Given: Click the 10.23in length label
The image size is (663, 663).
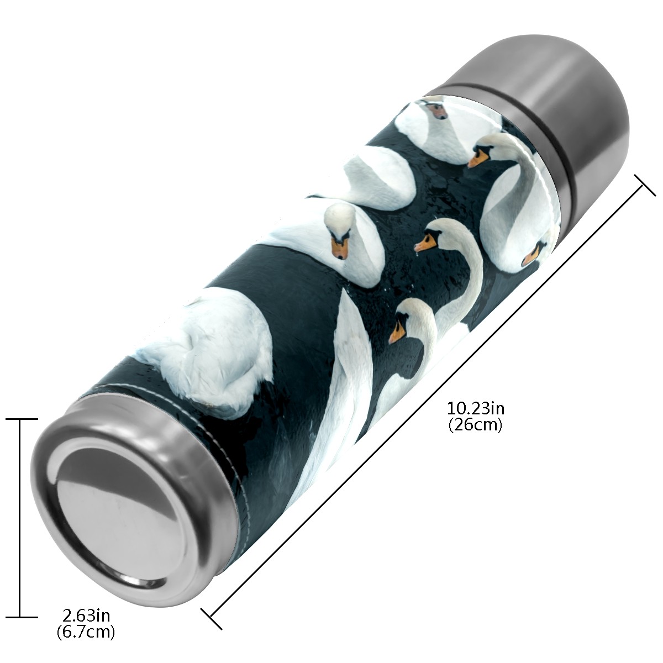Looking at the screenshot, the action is coord(476,409).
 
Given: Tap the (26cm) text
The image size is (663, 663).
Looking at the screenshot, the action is coord(476,425).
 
